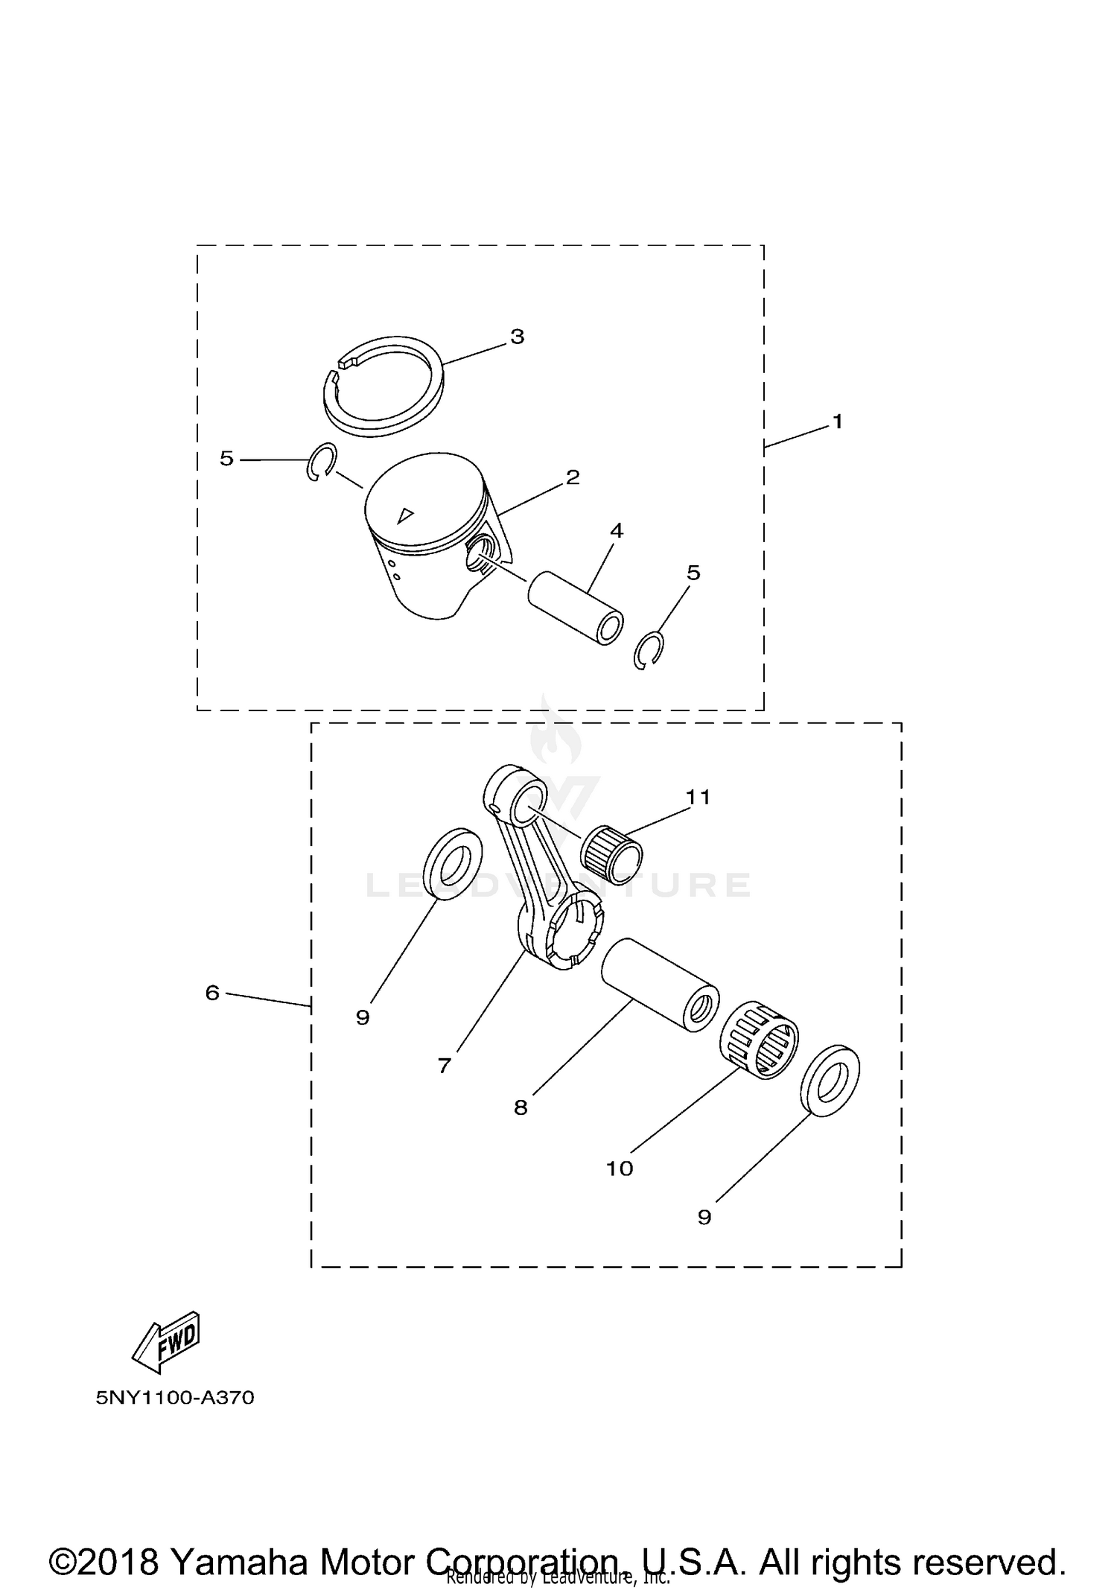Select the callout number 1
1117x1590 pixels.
pos(837,422)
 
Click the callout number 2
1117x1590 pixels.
pos(572,477)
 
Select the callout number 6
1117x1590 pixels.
pos(212,993)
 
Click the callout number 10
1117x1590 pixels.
pos(619,1168)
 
